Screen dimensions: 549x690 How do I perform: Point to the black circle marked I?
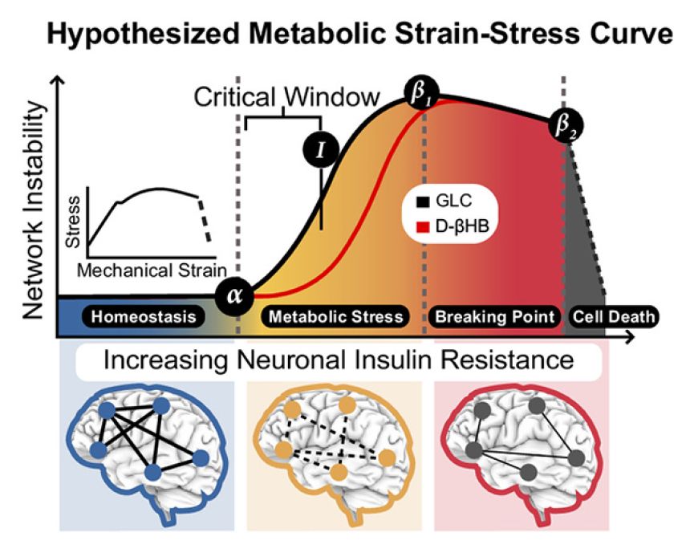[320, 149]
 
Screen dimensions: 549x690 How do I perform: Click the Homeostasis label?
[143, 316]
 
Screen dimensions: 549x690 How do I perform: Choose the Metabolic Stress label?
[335, 316]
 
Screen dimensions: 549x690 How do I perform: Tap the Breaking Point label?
[494, 316]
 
